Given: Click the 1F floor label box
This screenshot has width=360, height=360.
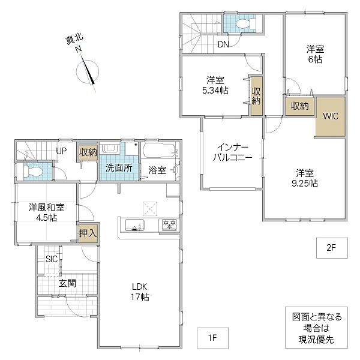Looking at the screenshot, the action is pos(212,338).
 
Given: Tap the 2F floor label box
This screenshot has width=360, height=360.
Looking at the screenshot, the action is pos(332,248).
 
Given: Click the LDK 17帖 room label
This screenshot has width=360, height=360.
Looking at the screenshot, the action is pos(140,292).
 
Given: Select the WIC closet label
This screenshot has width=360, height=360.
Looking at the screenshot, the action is pos(331,116).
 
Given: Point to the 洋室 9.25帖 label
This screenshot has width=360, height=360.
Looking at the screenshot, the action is pos(305,178).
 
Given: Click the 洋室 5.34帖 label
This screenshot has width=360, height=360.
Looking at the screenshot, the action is pos(215,85).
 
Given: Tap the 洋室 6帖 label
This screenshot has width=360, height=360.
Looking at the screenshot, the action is pos(315,55).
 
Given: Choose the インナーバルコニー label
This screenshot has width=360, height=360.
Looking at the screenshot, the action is pos(233,152).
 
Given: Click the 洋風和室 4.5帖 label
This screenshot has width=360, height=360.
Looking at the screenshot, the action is pos(47,212).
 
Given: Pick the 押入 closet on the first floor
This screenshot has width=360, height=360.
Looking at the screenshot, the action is pos(88,233).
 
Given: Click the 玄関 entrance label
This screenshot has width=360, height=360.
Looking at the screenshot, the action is pos(67,283).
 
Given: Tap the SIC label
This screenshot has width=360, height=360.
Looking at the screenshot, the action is pos(52,259).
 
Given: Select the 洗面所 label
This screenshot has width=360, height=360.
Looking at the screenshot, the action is pos(119,168).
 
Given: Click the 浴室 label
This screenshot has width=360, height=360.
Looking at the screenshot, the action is pos(157,170).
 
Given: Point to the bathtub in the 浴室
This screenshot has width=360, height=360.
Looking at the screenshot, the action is pos(160,151).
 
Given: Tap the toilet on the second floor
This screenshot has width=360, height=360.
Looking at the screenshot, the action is pos(245,23).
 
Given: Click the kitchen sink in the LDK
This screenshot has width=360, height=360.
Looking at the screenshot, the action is pos(134,225).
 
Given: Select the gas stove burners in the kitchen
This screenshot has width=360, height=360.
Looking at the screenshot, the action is pos(169,224).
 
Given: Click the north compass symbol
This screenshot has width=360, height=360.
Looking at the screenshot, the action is pos(87,71).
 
